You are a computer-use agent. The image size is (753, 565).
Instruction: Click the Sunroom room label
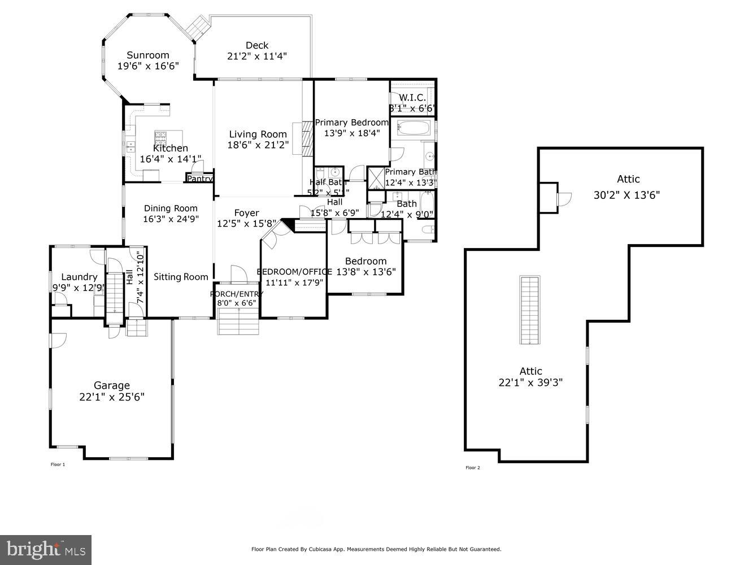click(x=147, y=55)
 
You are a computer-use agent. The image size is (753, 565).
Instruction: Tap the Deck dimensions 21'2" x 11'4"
click(x=256, y=56)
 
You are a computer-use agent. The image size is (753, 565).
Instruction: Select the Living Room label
click(x=258, y=134)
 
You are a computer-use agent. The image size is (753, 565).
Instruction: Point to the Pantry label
click(x=199, y=179)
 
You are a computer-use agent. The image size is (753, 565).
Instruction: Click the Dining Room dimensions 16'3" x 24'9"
click(x=170, y=219)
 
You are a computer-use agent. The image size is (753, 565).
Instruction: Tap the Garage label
click(x=111, y=385)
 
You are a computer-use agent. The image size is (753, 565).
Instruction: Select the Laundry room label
click(x=79, y=277)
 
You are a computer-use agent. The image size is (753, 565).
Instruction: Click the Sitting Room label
click(x=181, y=277)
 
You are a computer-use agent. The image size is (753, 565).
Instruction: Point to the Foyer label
click(x=246, y=213)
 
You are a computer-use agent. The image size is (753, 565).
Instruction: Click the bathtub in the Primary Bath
click(x=414, y=128)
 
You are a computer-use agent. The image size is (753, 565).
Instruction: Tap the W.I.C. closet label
click(x=412, y=98)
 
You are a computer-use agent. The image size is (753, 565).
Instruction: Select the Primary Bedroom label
click(x=351, y=123)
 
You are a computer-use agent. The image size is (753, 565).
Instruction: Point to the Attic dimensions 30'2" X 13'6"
click(x=626, y=195)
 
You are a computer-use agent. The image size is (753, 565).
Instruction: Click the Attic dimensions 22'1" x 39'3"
click(x=530, y=382)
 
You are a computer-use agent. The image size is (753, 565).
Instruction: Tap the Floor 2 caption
click(x=472, y=467)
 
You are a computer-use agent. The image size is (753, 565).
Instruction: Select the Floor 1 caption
click(x=58, y=464)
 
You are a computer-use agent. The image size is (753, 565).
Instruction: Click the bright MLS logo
click(x=46, y=549)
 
